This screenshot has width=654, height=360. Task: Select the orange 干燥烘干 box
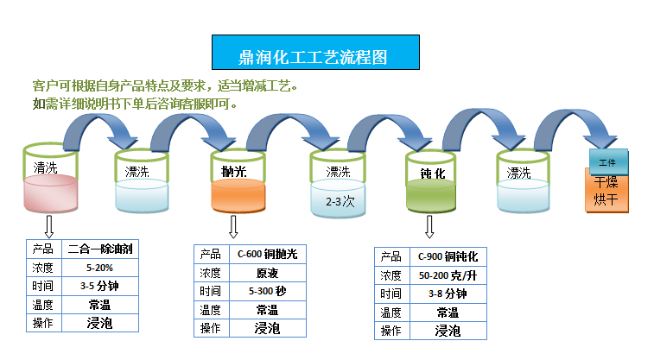point(608,193)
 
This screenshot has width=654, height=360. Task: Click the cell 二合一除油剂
point(99,249)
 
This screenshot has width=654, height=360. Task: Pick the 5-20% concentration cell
point(99,267)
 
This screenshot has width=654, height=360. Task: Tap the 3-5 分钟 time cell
point(99,286)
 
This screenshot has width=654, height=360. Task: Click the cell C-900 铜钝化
point(448,256)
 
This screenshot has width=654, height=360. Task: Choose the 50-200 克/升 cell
point(448,275)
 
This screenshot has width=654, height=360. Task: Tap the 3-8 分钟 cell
point(448,294)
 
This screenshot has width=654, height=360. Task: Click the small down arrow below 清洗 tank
point(49,225)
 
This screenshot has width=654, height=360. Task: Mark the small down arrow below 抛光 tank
point(233,227)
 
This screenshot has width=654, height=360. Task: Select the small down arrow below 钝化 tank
point(429,227)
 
